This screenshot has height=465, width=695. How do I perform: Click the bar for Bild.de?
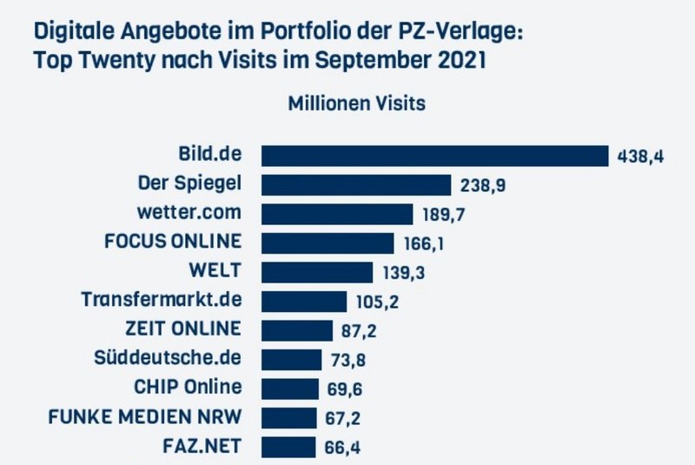[434, 156]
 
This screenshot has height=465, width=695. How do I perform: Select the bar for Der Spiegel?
[356, 184]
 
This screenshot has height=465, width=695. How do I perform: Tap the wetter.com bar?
[337, 214]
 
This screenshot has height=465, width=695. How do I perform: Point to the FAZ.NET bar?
[288, 447]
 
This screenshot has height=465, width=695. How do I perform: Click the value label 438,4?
[640, 156]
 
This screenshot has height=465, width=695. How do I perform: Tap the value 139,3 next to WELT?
[403, 273]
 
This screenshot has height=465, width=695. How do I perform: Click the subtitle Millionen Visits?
[356, 103]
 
